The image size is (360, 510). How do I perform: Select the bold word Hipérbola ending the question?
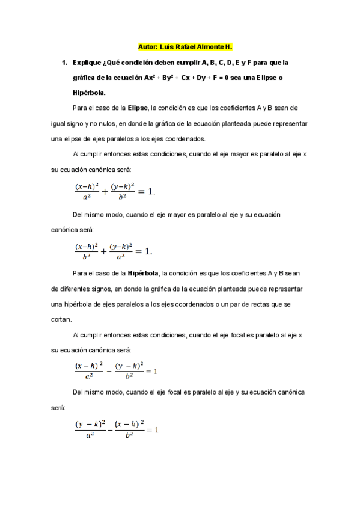click(x=88, y=93)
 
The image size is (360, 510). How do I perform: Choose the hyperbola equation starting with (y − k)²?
click(x=116, y=429)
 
